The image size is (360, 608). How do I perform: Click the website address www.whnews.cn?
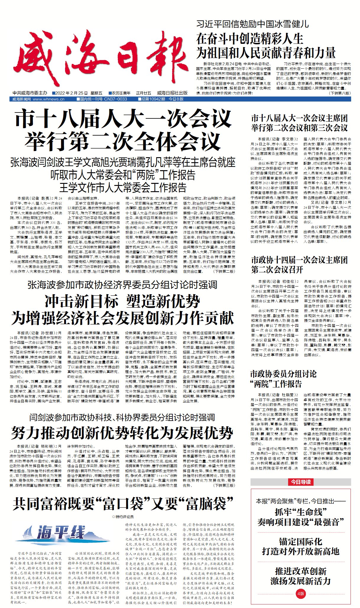[49, 99]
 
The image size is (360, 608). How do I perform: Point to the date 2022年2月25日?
[71, 93]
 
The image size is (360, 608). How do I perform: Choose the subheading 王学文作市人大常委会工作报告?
[123, 188]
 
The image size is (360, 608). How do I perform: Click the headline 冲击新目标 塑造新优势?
[122, 302]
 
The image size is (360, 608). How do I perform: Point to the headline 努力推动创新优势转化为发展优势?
[122, 433]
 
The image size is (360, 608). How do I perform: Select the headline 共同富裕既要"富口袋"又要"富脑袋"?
[123, 504]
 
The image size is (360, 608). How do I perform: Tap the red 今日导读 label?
[301, 482]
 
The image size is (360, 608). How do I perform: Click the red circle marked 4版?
[301, 593]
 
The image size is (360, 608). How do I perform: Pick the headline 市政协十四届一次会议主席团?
[299, 260]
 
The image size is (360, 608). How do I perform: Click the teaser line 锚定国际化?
[301, 542]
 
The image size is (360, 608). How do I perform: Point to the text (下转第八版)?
[340, 93]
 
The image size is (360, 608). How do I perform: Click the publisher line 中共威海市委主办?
[30, 93]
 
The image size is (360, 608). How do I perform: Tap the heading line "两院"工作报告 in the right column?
[276, 384]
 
